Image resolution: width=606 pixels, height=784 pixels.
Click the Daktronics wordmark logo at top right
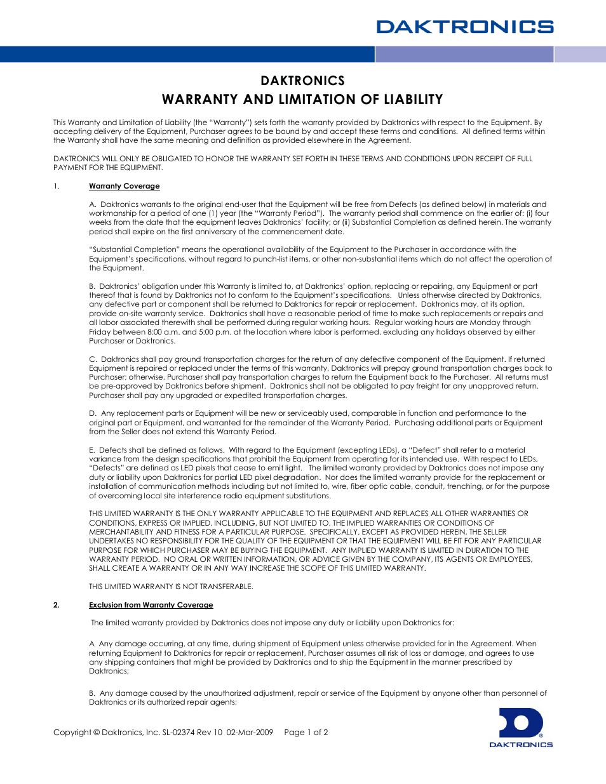pyautogui.click(x=464, y=27)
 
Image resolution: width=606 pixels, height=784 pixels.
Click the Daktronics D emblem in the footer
pyautogui.click(x=521, y=723)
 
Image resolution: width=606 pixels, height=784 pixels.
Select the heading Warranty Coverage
pyautogui.click(x=124, y=186)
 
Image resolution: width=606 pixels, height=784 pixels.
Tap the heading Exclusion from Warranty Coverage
pyautogui.click(x=151, y=605)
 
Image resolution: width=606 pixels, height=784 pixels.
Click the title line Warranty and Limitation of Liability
pyautogui.click(x=302, y=100)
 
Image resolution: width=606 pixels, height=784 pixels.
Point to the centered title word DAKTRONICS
pyautogui.click(x=302, y=81)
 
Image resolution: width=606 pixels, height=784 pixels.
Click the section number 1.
pyautogui.click(x=56, y=186)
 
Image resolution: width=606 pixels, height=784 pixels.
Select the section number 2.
pyautogui.click(x=56, y=605)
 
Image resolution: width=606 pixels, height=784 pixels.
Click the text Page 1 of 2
pyautogui.click(x=306, y=732)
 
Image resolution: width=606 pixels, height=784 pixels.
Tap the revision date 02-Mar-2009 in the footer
pyautogui.click(x=250, y=732)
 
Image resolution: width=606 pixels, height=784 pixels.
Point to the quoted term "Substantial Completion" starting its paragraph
pyautogui.click(x=134, y=249)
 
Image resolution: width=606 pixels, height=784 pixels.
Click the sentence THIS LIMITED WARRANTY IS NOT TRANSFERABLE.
pyautogui.click(x=171, y=587)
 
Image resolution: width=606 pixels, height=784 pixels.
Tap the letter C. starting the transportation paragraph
pyautogui.click(x=93, y=359)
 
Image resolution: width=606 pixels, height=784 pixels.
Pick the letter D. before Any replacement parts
pyautogui.click(x=93, y=413)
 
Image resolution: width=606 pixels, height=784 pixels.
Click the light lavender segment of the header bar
pyautogui.click(x=580, y=55)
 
